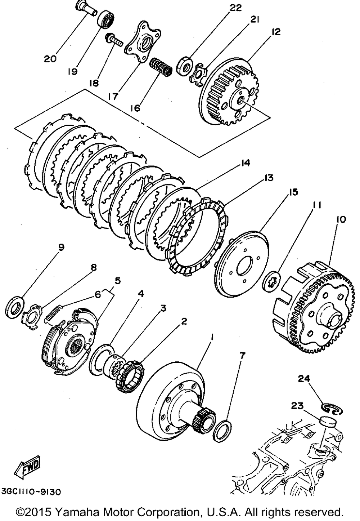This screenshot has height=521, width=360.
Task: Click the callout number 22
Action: coord(236,8)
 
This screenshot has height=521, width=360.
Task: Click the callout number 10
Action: coord(341,219)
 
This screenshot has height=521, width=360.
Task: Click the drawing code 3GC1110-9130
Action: coord(31,492)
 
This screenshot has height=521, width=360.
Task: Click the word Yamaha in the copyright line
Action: coord(85,512)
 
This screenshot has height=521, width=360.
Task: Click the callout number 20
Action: coord(50,58)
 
